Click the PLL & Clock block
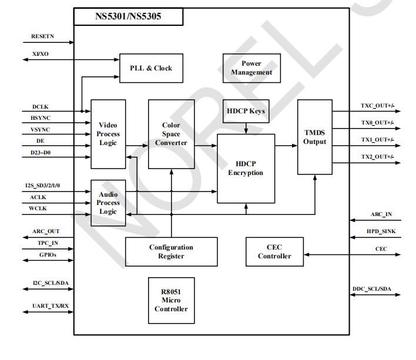click(x=151, y=68)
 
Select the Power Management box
click(x=251, y=68)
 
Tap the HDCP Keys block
click(x=246, y=111)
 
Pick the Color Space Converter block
click(x=171, y=134)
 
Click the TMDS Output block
click(x=314, y=137)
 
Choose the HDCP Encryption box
click(x=246, y=168)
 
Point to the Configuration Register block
click(x=171, y=251)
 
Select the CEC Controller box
click(x=274, y=251)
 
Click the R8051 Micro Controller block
click(x=171, y=300)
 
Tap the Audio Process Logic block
click(x=108, y=203)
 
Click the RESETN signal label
click(x=43, y=37)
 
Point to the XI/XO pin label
click(x=41, y=53)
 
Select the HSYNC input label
click(x=41, y=119)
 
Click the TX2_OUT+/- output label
click(x=377, y=157)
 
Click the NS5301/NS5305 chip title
click(x=128, y=16)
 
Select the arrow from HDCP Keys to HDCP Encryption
click(x=246, y=129)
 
